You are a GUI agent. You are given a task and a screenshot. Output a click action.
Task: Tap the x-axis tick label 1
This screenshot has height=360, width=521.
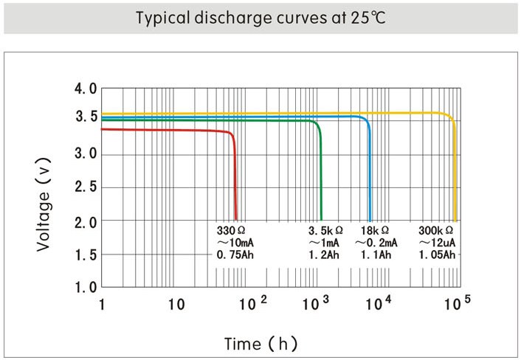102,303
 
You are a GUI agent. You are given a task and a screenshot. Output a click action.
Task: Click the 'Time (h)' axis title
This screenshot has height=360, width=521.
260,344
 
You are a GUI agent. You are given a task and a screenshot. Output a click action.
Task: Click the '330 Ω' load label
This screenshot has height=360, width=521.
230,231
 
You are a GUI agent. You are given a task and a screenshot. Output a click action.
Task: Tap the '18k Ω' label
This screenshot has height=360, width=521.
375,231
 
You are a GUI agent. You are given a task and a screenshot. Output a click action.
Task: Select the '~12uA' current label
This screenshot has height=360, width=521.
437,243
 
